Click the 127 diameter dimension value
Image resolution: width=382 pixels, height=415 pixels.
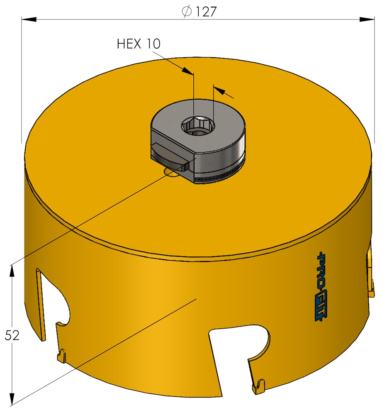click(206, 12)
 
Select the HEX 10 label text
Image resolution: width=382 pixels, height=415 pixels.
click(139, 44)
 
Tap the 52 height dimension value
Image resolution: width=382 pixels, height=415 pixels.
click(12, 336)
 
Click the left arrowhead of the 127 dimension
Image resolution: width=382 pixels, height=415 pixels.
click(29, 19)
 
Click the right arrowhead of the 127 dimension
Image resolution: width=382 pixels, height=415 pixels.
click(367, 19)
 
